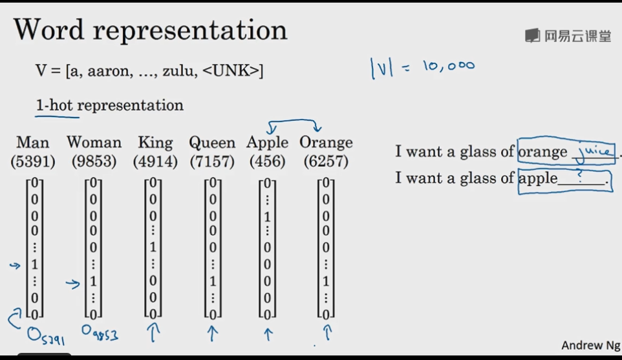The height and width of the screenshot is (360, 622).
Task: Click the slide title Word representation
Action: click(x=150, y=30)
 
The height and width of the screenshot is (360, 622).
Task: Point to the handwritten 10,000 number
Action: click(x=448, y=66)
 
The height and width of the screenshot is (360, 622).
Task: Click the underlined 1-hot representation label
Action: click(x=110, y=105)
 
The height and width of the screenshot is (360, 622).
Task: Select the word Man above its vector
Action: click(x=33, y=142)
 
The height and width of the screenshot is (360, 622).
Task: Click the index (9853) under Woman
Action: click(x=94, y=161)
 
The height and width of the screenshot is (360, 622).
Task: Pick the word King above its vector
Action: click(x=155, y=142)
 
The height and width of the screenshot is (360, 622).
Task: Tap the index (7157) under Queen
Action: click(x=212, y=161)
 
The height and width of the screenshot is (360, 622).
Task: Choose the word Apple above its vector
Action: click(x=267, y=142)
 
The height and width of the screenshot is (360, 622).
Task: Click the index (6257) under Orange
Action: click(x=327, y=161)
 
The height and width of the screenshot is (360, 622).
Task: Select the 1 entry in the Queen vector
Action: click(x=213, y=282)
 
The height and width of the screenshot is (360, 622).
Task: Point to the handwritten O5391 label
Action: click(x=45, y=335)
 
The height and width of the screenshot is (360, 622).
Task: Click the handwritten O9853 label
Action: click(x=100, y=334)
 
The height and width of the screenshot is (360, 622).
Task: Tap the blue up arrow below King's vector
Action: click(x=154, y=332)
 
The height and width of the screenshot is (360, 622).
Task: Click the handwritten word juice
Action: click(x=594, y=153)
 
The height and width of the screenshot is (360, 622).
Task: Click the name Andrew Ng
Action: click(x=590, y=346)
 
